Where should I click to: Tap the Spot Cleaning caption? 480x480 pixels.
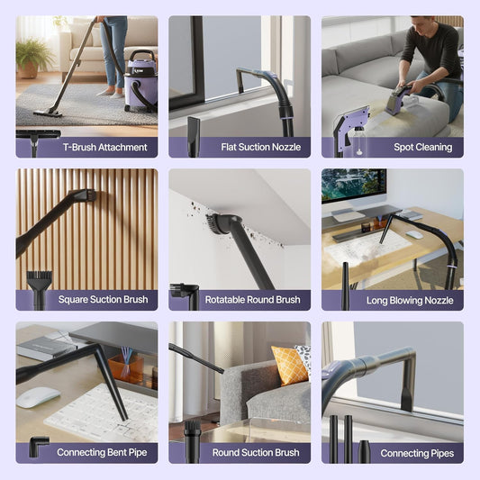[x=422, y=147]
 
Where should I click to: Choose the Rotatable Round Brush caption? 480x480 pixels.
[x=252, y=300]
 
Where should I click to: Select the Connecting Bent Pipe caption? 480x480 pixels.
[x=101, y=453]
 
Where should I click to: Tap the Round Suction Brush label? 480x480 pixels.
[x=255, y=453]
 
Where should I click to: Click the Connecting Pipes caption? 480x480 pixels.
[x=416, y=453]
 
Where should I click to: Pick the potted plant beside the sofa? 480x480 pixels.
[x=34, y=57]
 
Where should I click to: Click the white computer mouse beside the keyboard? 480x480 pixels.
[x=38, y=396]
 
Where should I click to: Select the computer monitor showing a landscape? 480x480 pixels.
[x=353, y=187]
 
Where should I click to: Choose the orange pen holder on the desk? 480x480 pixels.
[x=126, y=368]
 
